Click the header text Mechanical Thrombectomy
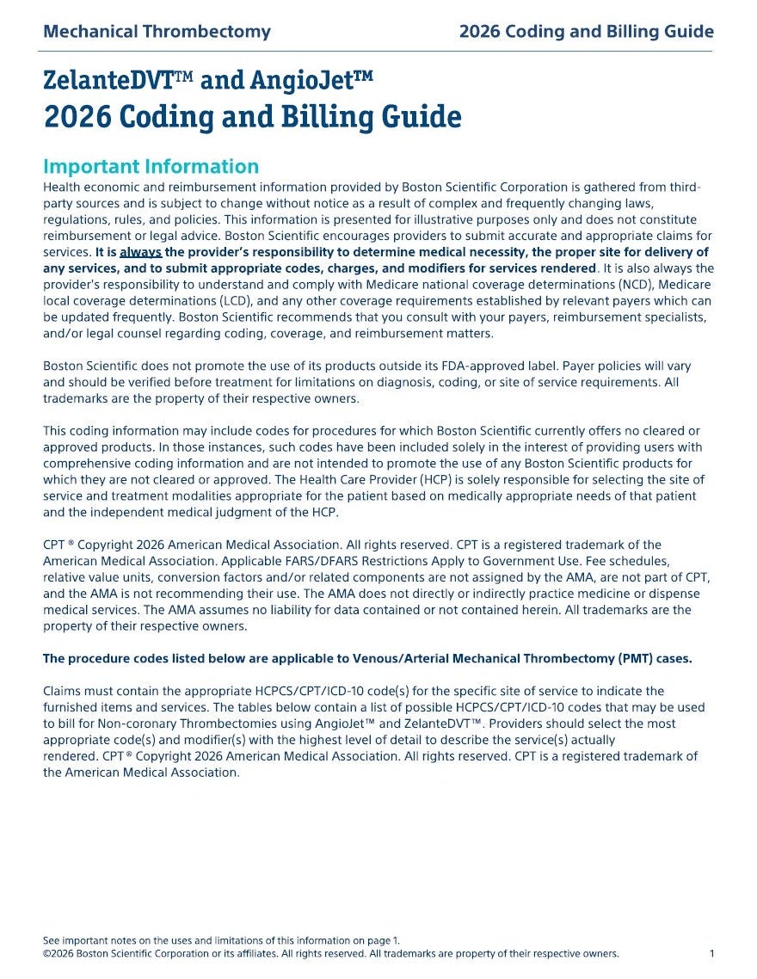(x=157, y=33)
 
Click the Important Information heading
(x=151, y=167)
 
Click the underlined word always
(x=140, y=253)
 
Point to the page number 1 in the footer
(x=711, y=953)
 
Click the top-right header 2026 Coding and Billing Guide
(x=586, y=33)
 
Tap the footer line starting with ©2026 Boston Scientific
(x=330, y=953)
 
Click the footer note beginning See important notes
(x=221, y=940)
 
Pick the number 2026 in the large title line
(x=77, y=117)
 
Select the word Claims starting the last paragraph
(x=63, y=691)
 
